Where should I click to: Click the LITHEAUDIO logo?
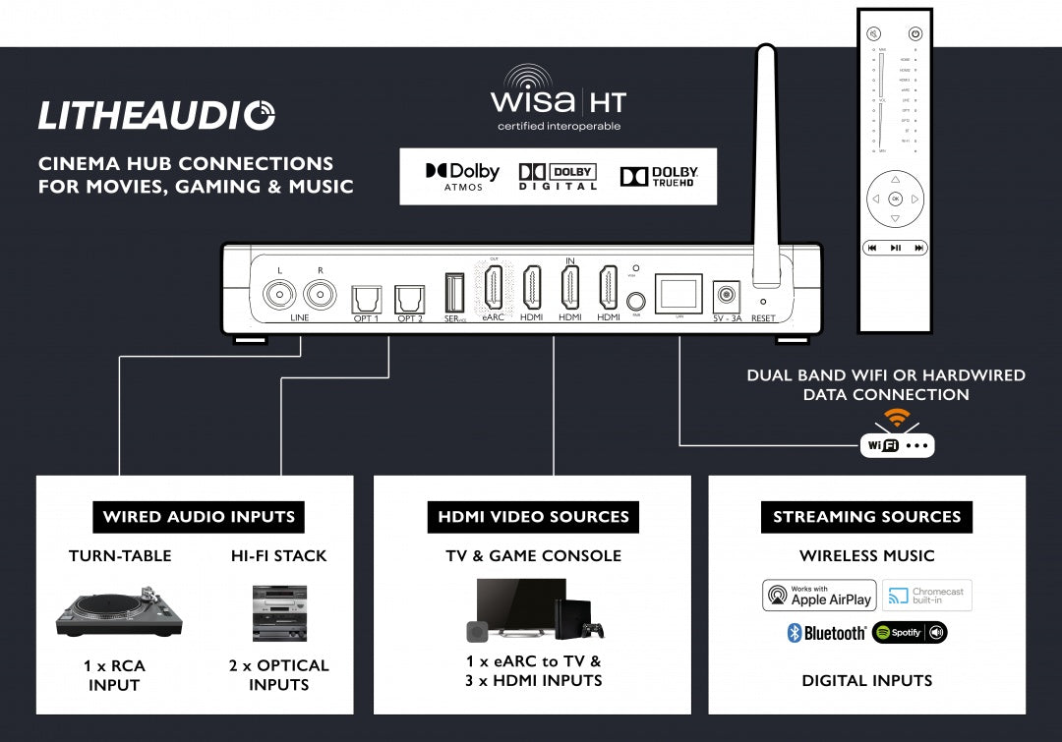(157, 115)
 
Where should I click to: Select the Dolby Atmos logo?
(462, 176)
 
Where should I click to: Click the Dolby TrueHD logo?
(659, 176)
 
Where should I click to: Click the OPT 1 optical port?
(365, 298)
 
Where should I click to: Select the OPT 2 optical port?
(408, 298)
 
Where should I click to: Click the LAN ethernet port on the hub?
(678, 293)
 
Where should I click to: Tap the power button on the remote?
(915, 33)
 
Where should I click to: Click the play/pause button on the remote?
(895, 248)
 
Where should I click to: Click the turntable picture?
(119, 610)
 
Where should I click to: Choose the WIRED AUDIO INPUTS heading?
(199, 517)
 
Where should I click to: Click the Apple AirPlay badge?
(818, 596)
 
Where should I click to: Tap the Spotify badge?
(910, 632)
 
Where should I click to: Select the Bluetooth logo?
(827, 633)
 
